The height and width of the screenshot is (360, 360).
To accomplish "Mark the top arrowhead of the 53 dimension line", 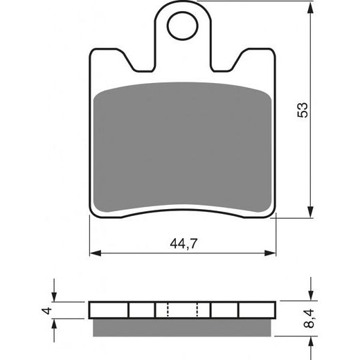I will (x=309, y=8).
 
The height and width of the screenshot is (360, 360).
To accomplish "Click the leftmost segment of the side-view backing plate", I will (x=108, y=310).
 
